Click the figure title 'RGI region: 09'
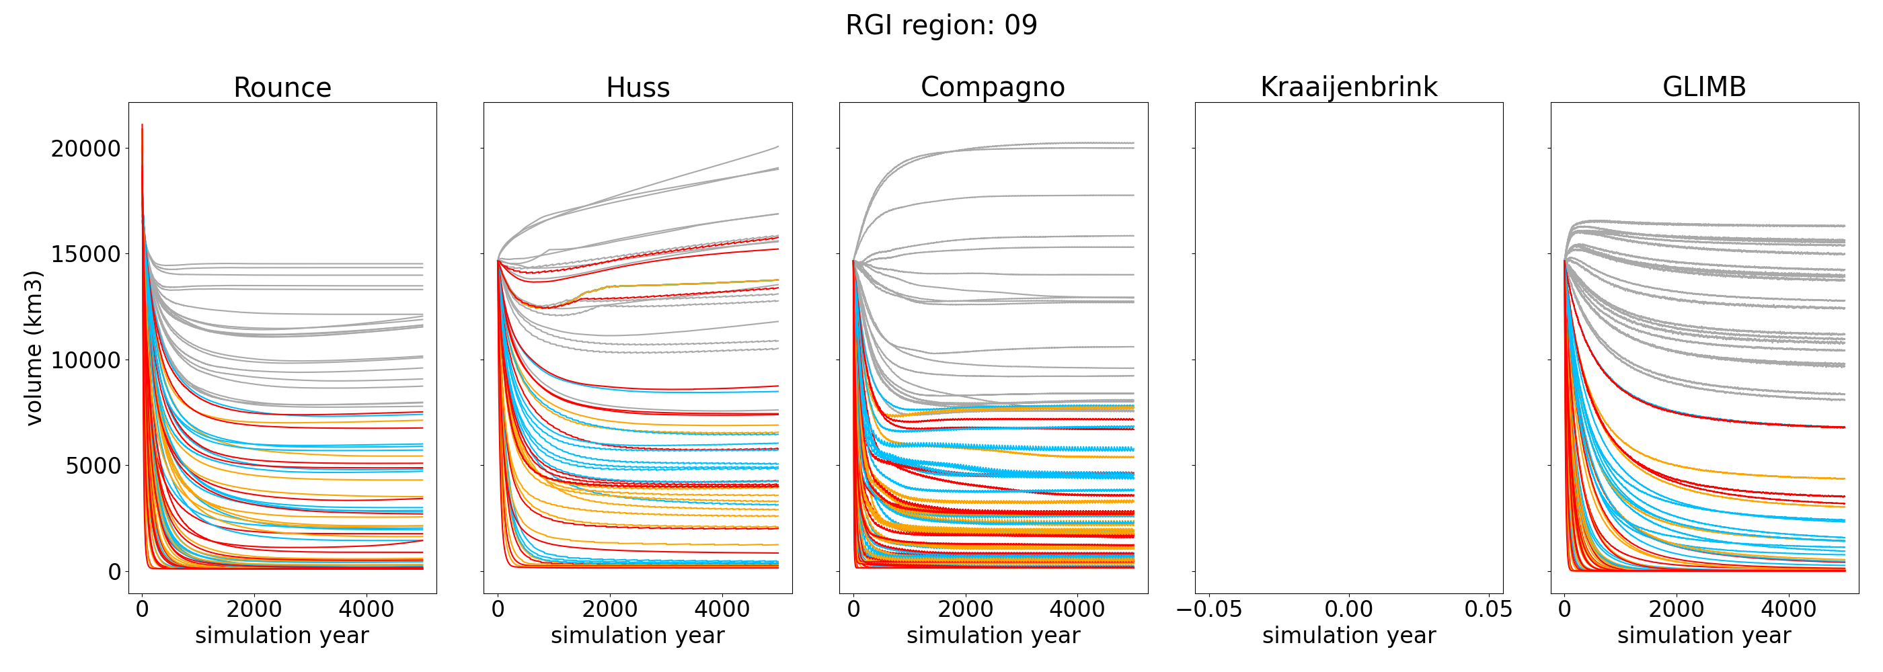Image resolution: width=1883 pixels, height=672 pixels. [x=941, y=26]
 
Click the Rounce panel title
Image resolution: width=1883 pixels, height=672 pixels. [x=282, y=87]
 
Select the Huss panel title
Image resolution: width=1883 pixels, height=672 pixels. [x=638, y=87]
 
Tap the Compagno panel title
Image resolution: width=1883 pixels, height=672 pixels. [x=993, y=87]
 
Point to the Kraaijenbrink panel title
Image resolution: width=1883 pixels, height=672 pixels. [x=1348, y=87]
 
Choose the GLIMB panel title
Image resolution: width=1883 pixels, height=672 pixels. [x=1704, y=87]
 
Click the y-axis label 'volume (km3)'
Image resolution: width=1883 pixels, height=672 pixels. [x=34, y=347]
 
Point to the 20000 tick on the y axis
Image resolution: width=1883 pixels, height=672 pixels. [x=85, y=149]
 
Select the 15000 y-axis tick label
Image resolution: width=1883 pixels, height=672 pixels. [x=85, y=255]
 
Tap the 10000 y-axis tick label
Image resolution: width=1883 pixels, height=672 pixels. [x=85, y=361]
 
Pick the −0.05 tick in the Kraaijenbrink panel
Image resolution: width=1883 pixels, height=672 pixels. [x=1209, y=610]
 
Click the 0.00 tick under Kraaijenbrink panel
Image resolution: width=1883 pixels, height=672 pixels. [x=1348, y=610]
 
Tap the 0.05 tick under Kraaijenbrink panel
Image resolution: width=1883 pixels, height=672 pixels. [x=1488, y=610]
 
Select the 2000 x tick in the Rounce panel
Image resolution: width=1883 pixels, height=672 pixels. [x=254, y=610]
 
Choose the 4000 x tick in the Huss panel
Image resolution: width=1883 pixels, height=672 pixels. [x=722, y=610]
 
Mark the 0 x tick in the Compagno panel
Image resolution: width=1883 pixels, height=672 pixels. [x=854, y=610]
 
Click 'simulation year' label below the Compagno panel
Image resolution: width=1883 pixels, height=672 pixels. [x=993, y=636]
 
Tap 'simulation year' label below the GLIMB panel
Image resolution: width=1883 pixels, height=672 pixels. [x=1704, y=636]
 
